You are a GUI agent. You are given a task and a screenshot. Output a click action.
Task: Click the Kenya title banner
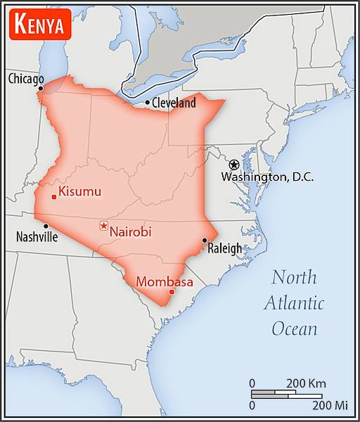pyautogui.click(x=40, y=26)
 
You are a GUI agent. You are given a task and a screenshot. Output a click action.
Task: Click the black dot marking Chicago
pyautogui.click(x=41, y=89)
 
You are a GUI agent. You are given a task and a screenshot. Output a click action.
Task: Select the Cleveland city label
pyautogui.click(x=174, y=103)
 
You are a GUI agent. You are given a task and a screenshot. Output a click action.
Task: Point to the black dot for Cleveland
pyautogui.click(x=147, y=103)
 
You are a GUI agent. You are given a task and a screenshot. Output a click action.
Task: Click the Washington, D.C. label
pyautogui.click(x=267, y=177)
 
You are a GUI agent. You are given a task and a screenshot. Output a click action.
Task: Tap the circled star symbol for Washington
pyautogui.click(x=234, y=165)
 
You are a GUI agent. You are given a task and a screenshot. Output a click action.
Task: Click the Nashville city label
pyautogui.click(x=37, y=237)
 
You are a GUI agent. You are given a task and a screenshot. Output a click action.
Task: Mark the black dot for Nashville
pyautogui.click(x=46, y=226)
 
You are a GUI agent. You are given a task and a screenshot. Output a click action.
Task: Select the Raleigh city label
pyautogui.click(x=224, y=248)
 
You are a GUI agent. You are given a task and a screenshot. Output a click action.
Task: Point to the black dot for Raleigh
pyautogui.click(x=204, y=241)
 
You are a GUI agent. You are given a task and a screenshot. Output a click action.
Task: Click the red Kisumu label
pyautogui.click(x=80, y=191)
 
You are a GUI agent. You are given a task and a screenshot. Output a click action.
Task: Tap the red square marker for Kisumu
pyautogui.click(x=54, y=197)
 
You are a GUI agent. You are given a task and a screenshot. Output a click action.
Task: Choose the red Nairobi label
pyautogui.click(x=131, y=231)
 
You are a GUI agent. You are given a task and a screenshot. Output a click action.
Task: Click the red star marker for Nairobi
pyautogui.click(x=104, y=226)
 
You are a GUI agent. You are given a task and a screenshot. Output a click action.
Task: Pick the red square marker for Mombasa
pyautogui.click(x=172, y=292)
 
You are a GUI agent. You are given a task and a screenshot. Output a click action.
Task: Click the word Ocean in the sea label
pyautogui.click(x=294, y=328)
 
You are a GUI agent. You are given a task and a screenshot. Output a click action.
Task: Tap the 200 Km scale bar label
pyautogui.click(x=306, y=383)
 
